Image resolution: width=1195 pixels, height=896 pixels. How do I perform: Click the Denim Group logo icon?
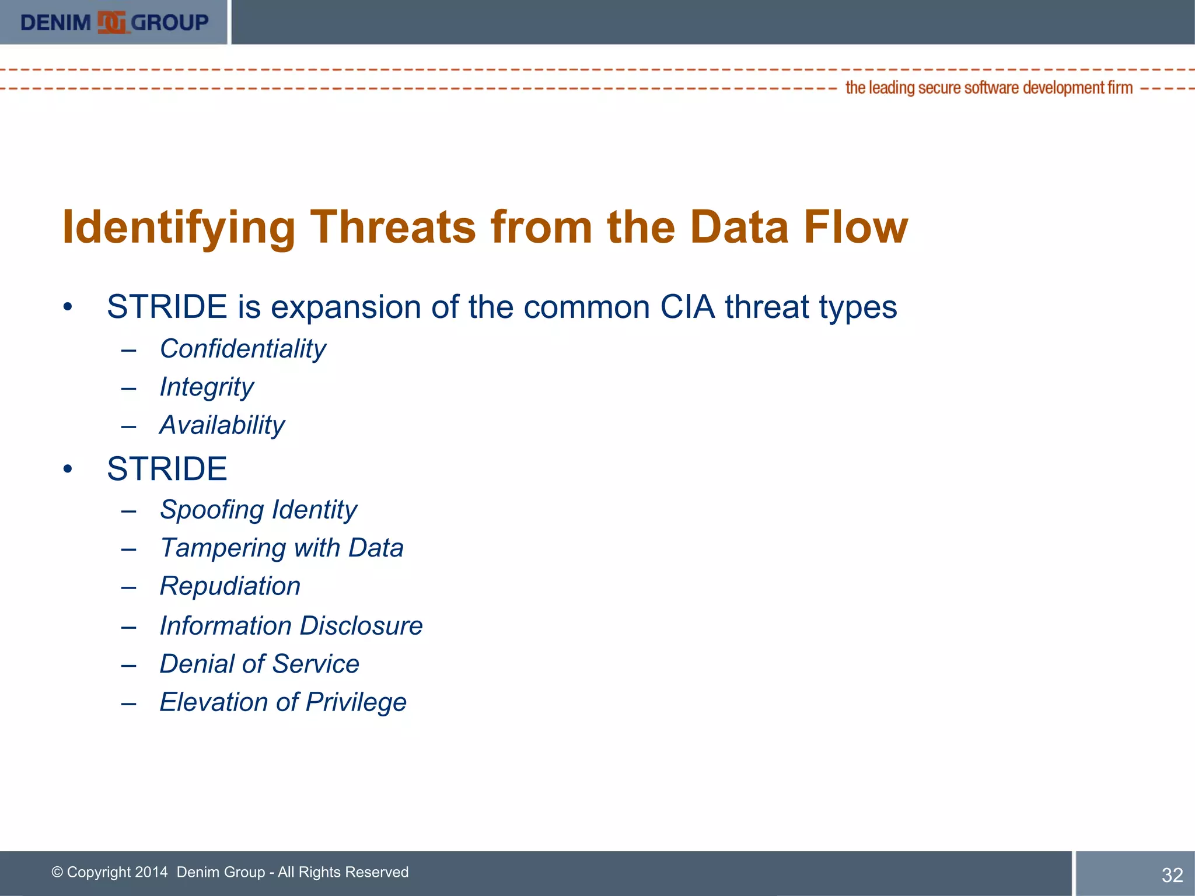click(111, 23)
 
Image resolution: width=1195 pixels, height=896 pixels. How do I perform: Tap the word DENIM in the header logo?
click(55, 23)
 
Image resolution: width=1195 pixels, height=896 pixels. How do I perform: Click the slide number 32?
click(1172, 875)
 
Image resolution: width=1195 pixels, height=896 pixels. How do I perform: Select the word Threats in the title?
click(393, 227)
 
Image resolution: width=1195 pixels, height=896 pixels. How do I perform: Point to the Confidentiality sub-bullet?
click(243, 349)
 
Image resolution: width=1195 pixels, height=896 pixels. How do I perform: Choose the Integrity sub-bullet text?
click(207, 387)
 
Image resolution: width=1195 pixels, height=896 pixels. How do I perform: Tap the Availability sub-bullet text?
click(222, 425)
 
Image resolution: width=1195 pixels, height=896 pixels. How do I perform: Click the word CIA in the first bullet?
click(687, 307)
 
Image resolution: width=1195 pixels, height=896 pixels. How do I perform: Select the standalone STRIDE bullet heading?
click(167, 469)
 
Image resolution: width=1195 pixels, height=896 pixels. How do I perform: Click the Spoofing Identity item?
click(258, 510)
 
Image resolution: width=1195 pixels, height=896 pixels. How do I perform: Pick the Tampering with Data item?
click(281, 548)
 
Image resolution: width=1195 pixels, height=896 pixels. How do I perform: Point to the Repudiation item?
click(230, 586)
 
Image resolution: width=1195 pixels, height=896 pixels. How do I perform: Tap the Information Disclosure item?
click(291, 626)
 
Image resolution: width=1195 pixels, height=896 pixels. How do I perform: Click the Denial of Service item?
click(259, 664)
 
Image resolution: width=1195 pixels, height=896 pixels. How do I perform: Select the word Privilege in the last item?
click(356, 702)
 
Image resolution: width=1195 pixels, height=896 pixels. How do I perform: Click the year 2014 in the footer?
click(151, 872)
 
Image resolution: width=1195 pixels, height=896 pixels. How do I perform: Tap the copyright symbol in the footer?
click(57, 872)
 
